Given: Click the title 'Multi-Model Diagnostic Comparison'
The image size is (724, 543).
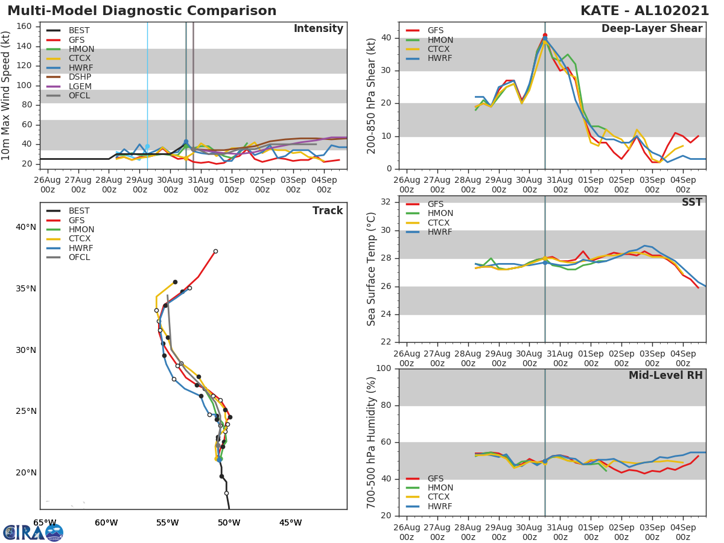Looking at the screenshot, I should tap(142, 11).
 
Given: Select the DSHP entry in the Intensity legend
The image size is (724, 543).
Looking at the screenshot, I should tap(80, 77).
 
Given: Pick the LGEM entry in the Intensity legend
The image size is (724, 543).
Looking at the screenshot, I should tap(80, 86).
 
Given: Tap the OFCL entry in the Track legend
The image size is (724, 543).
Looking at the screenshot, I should tap(80, 258).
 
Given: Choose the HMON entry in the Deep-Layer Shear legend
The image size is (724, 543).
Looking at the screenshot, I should tap(440, 40).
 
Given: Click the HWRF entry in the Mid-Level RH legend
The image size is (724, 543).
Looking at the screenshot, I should tap(440, 506).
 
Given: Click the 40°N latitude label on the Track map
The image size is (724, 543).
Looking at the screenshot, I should tap(26, 227).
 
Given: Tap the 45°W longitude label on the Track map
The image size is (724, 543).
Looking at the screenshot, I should tap(290, 522).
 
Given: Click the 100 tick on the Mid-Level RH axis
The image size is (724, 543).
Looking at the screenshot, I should tap(384, 369).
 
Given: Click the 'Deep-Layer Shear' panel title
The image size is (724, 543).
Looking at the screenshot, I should tap(652, 29).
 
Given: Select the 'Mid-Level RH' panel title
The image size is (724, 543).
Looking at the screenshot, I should tap(665, 375).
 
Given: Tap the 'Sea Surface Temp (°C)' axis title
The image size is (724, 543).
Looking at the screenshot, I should tap(372, 270).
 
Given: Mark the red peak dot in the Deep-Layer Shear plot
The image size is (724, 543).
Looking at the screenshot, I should tap(545, 36).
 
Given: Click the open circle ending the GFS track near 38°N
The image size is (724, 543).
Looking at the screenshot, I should tap(215, 251).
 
